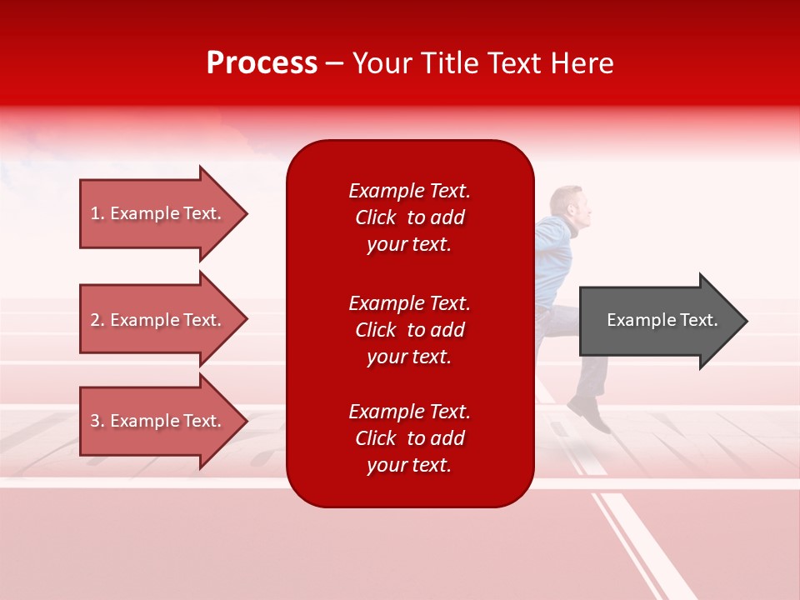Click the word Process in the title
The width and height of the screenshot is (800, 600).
262,63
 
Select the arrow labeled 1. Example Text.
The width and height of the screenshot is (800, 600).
158,213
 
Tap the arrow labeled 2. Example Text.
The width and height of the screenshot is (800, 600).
158,320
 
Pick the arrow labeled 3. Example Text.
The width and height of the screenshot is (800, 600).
158,421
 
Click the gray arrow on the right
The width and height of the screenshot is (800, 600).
658,320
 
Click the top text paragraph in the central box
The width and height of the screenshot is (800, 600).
409,217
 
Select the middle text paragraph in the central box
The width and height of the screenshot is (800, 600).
409,330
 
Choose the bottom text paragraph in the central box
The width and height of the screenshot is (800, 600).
409,438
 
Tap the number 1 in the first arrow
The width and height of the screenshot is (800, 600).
95,213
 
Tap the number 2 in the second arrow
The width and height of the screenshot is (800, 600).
95,320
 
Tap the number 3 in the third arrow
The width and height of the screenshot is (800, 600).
95,421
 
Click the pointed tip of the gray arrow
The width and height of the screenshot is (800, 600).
745,321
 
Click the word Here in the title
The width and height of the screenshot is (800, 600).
584,63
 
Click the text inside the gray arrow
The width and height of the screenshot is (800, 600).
662,320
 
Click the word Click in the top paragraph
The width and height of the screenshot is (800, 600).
376,217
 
